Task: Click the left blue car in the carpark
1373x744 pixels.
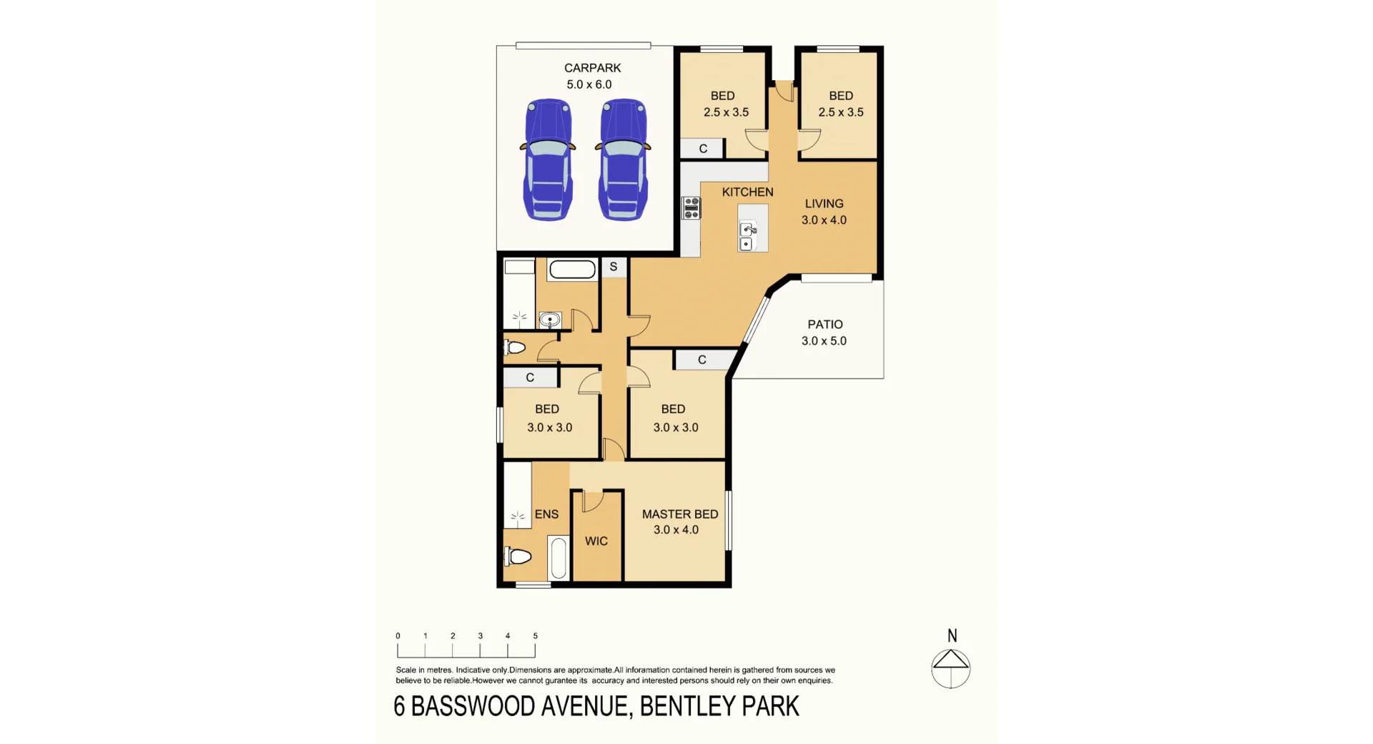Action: coord(548,160)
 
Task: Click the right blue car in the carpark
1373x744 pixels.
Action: coord(623,160)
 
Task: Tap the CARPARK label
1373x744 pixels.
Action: coord(592,68)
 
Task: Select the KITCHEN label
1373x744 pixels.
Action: coord(747,192)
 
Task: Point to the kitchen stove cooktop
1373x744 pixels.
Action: coord(691,207)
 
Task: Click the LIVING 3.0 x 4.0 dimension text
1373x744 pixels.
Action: coord(824,220)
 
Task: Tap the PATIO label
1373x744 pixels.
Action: coord(825,324)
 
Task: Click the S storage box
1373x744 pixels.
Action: coord(614,267)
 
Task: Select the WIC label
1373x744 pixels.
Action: coord(596,541)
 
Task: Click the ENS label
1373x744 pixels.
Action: coord(546,514)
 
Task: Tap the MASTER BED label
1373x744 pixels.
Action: coord(679,514)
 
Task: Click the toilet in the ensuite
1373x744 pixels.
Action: coord(518,556)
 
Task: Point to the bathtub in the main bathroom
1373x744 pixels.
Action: coord(572,270)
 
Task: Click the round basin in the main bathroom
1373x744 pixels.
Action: coord(549,319)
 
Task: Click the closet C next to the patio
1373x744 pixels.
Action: coord(702,360)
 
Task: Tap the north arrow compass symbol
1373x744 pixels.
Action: coord(950,667)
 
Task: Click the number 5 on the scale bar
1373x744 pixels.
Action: coord(535,635)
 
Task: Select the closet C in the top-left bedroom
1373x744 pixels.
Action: coord(703,148)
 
